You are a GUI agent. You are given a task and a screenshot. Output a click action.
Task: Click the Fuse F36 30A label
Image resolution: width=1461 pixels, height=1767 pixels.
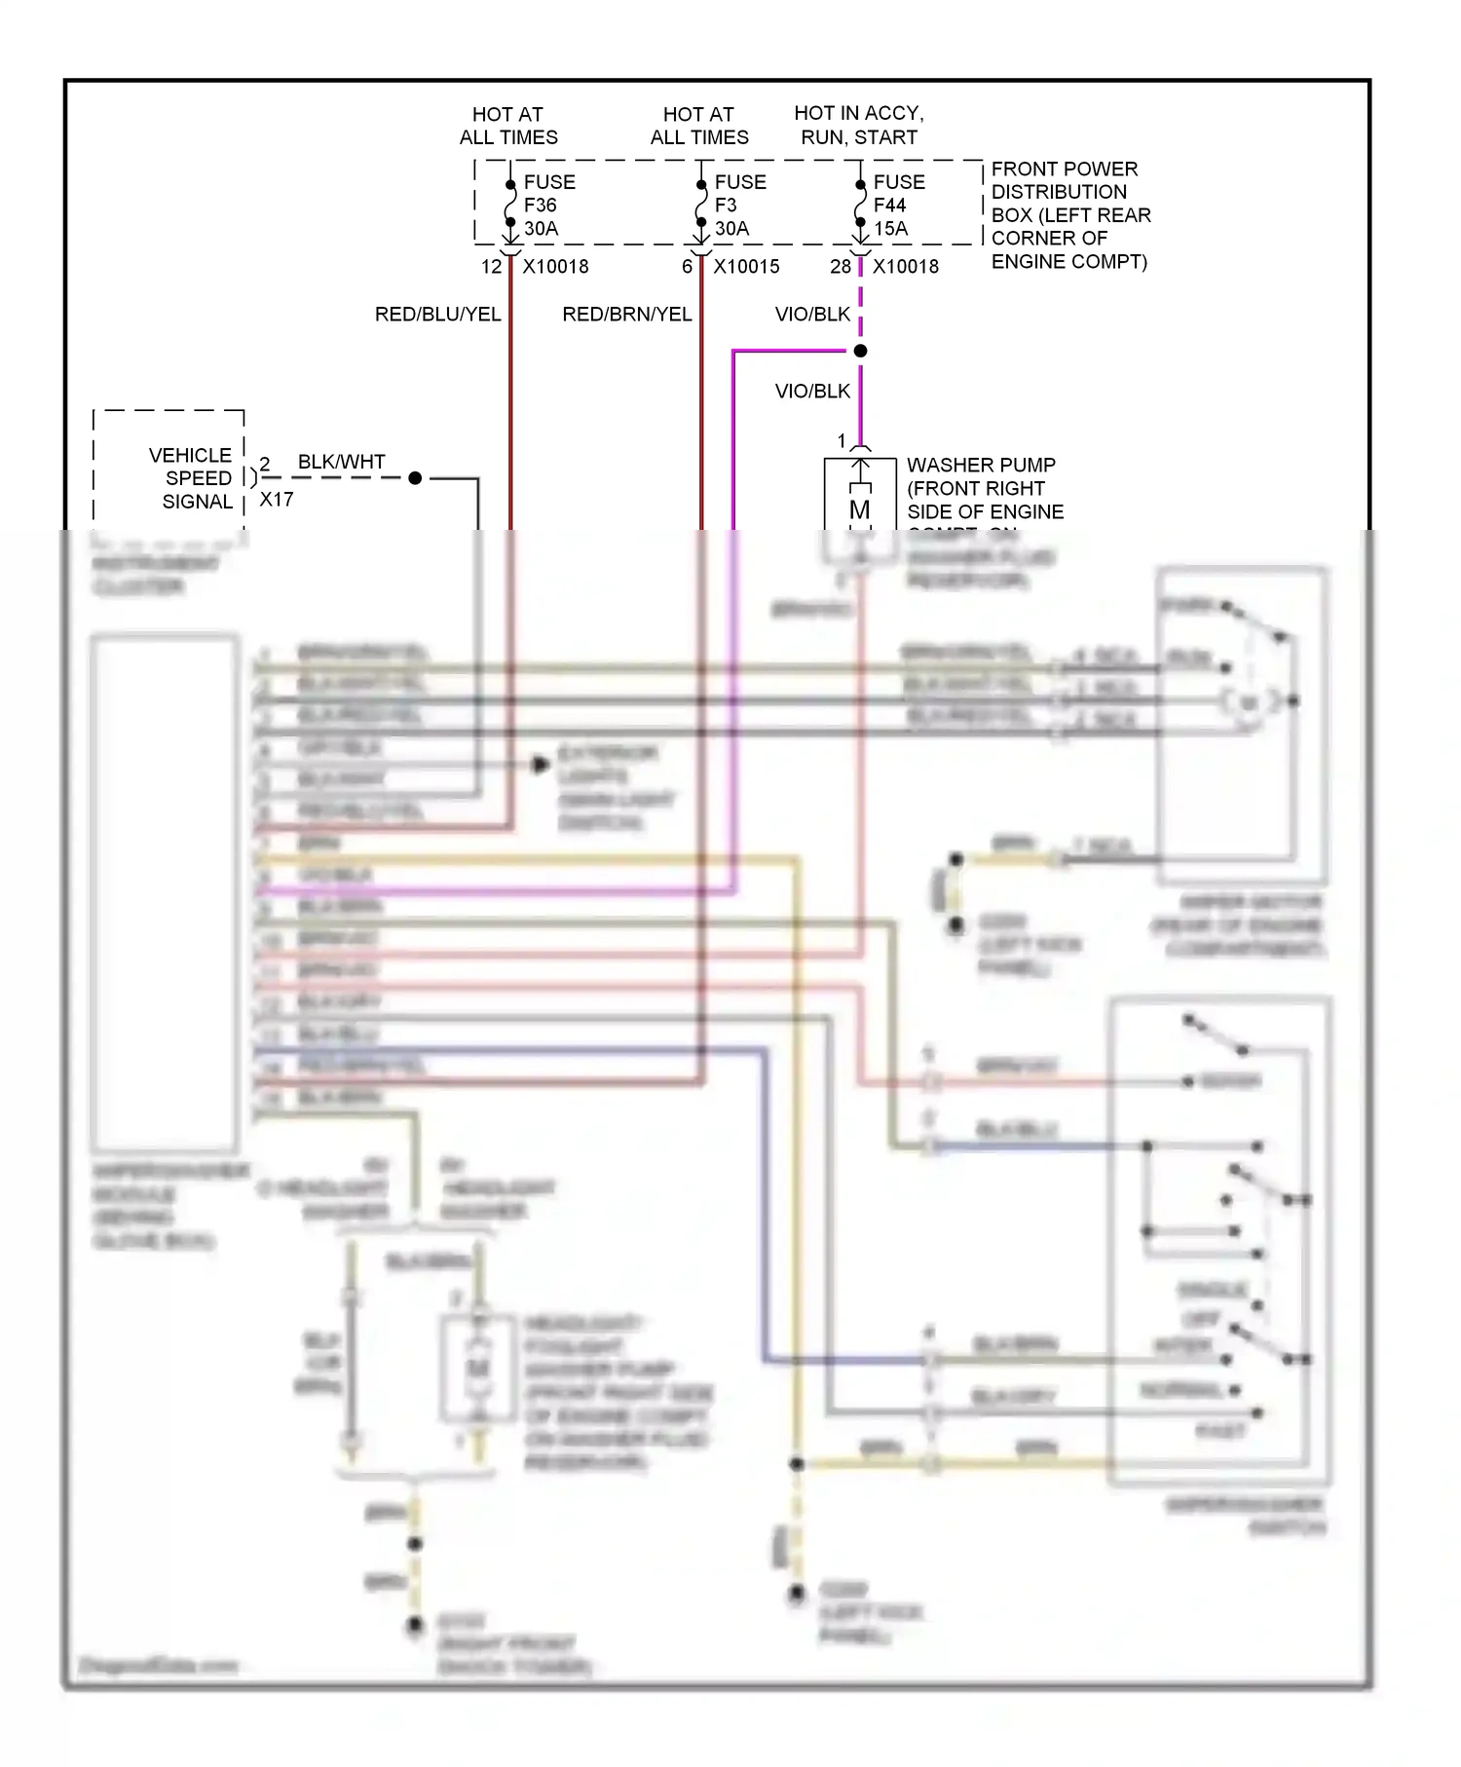click(548, 206)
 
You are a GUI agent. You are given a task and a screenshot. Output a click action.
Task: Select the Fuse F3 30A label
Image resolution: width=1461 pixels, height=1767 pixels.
click(739, 206)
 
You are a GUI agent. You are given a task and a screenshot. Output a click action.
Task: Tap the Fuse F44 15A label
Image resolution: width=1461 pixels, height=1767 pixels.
click(898, 206)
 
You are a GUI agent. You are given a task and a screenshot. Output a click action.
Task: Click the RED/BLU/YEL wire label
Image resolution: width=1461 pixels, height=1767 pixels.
click(437, 315)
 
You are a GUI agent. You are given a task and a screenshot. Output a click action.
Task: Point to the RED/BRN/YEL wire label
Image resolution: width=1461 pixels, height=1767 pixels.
click(626, 315)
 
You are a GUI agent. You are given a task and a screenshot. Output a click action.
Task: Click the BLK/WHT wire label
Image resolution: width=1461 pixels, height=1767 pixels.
click(341, 462)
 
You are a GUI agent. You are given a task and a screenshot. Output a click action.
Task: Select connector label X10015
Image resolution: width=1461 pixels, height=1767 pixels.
click(746, 267)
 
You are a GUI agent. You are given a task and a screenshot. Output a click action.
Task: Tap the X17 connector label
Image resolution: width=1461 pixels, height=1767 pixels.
click(276, 500)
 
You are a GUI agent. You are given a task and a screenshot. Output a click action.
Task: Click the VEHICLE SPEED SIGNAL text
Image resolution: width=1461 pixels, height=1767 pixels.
click(192, 478)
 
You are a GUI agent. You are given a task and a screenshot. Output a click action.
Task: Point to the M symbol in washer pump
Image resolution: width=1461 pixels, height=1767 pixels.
click(859, 509)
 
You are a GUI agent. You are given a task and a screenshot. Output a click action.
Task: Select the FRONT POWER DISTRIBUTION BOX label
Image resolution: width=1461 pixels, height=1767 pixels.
click(1069, 215)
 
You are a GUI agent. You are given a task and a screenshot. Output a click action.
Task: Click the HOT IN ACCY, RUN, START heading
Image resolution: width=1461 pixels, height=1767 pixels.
click(858, 125)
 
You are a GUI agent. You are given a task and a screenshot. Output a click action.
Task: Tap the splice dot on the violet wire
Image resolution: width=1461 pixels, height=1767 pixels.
click(860, 351)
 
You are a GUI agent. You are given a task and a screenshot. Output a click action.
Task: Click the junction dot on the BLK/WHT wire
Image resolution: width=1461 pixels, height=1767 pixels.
click(415, 478)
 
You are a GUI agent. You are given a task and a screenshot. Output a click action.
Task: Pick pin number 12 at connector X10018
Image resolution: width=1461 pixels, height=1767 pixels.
click(491, 267)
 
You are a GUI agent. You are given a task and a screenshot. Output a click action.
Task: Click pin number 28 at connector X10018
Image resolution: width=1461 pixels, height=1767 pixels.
click(840, 267)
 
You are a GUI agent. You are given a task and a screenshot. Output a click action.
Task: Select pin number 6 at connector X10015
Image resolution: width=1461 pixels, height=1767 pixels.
click(687, 267)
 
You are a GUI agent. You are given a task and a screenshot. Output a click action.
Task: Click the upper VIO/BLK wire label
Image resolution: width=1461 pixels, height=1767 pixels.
click(812, 315)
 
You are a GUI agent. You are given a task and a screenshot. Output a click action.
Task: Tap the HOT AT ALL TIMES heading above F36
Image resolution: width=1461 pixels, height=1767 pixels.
click(508, 126)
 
